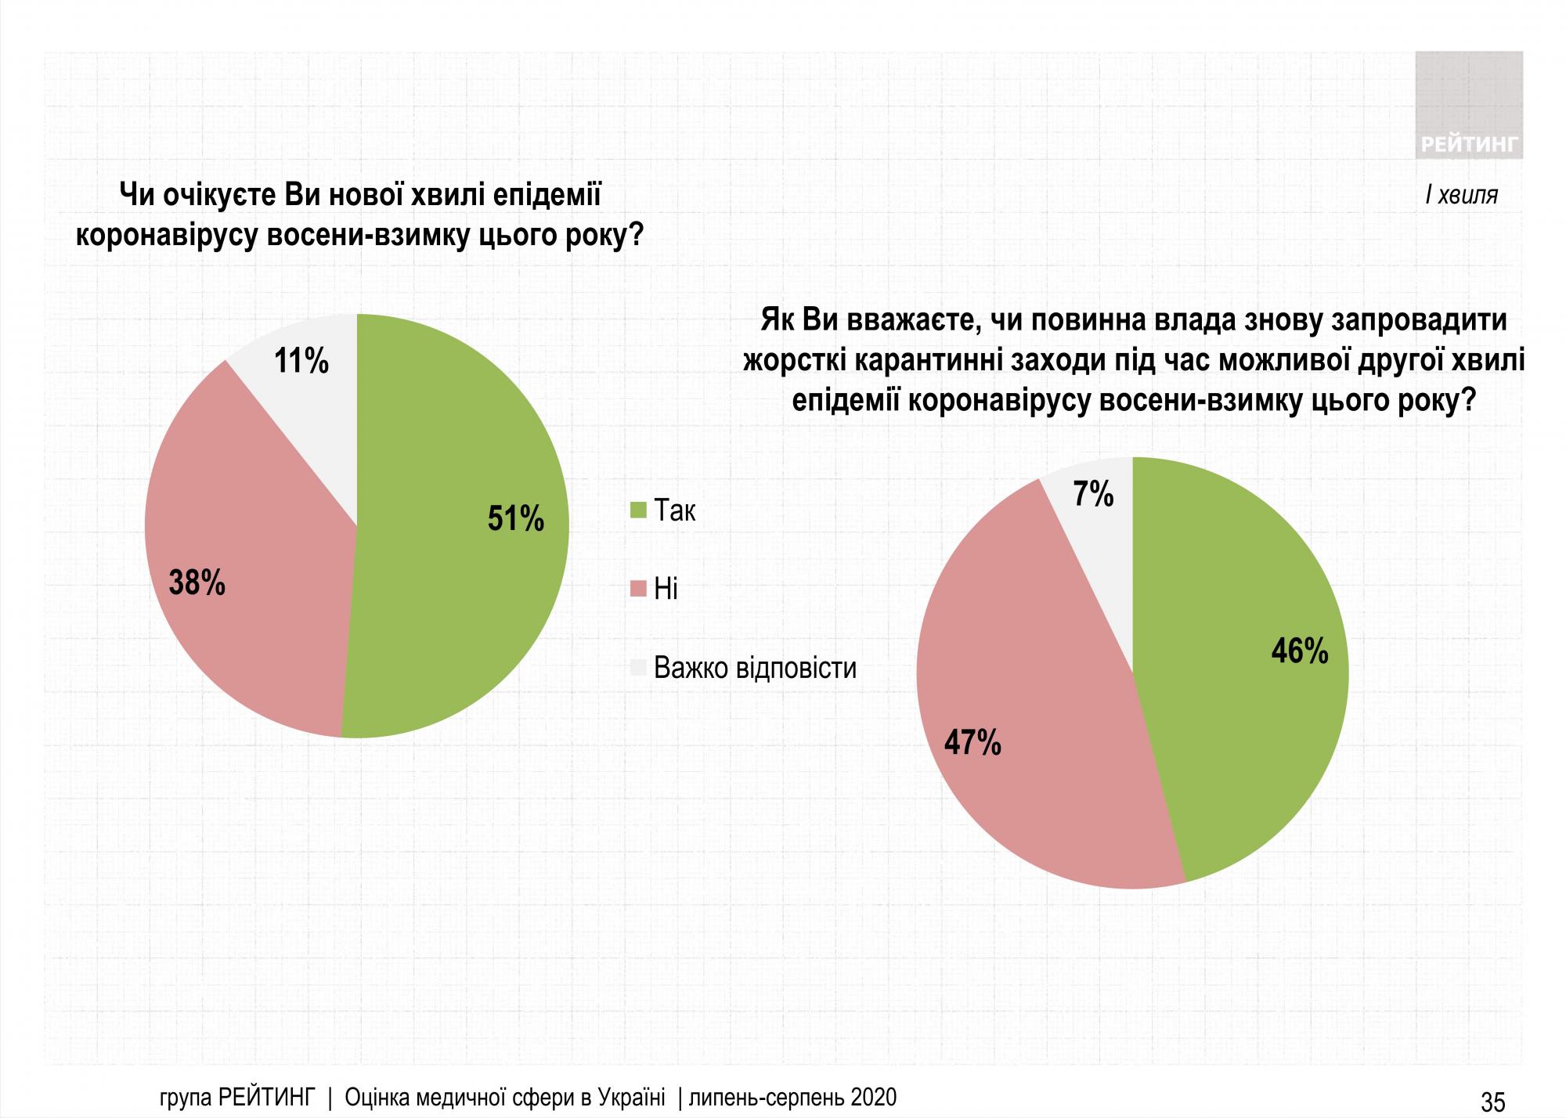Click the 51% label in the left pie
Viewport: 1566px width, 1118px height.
pos(515,518)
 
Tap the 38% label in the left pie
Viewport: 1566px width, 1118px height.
pos(197,582)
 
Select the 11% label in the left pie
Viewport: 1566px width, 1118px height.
pos(301,361)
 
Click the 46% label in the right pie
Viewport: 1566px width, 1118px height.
pos(1300,651)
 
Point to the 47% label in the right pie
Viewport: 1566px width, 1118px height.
pos(972,742)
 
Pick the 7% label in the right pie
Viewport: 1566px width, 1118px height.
pos(1093,494)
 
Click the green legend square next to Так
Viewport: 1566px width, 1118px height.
pos(638,511)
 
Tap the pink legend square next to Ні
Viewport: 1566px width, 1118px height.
pos(638,588)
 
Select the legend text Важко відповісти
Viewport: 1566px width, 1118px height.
pos(755,668)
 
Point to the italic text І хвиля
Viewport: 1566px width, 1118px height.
pos(1461,196)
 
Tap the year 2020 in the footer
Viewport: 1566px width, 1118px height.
pos(868,1097)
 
